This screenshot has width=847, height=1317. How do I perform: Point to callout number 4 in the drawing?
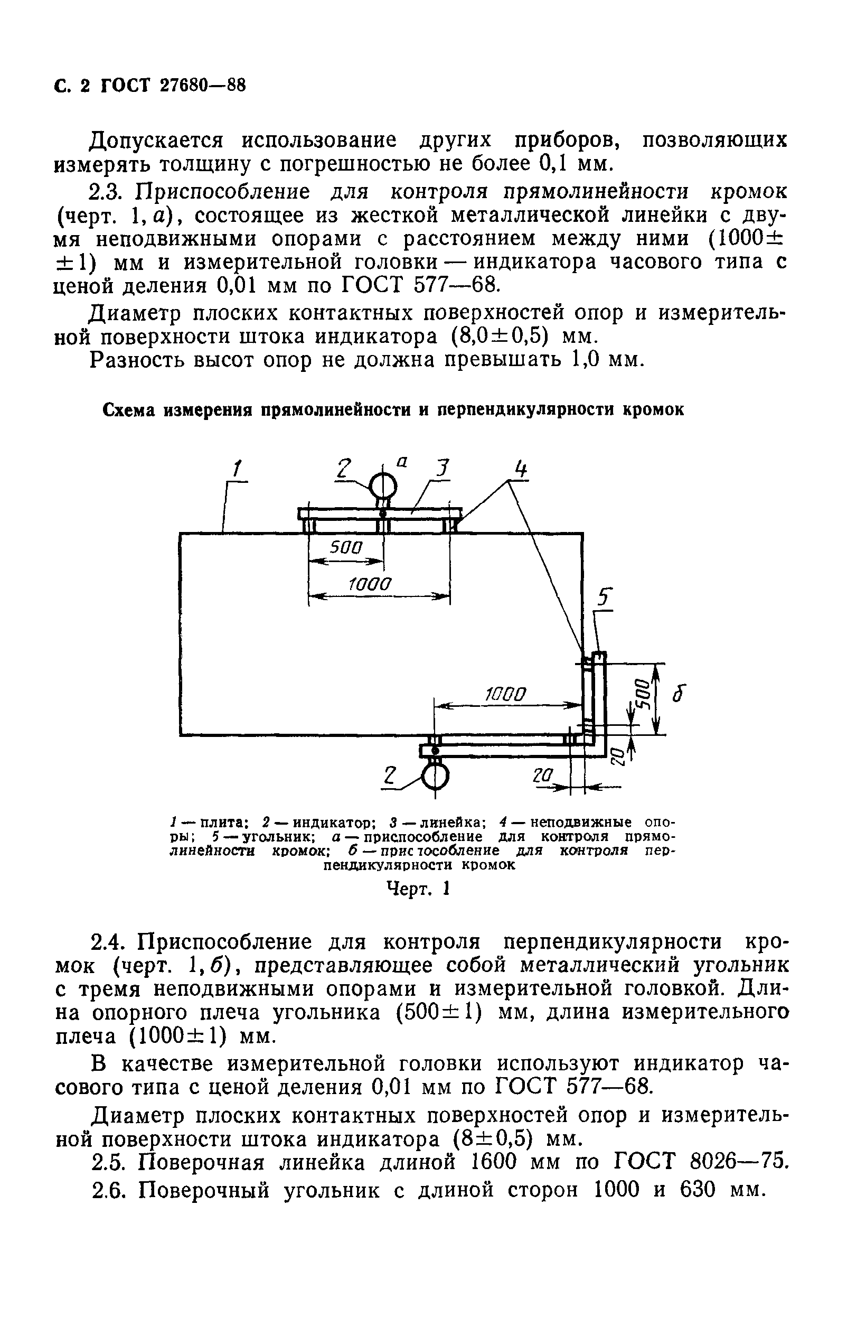point(520,470)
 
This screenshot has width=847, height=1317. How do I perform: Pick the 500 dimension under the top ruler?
point(346,547)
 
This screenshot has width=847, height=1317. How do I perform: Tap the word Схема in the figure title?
point(129,410)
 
